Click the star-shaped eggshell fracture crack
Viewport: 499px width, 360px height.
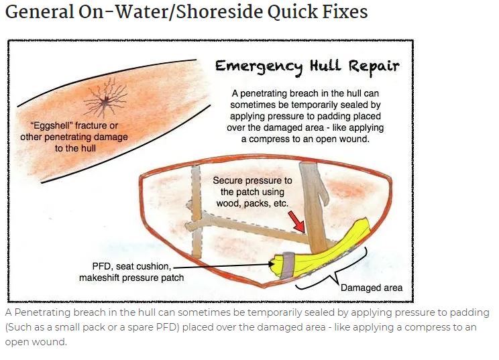tap(103, 101)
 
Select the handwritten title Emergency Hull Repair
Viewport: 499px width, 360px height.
tap(307, 66)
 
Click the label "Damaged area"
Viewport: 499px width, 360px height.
tap(372, 288)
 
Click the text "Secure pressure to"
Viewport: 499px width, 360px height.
tap(253, 181)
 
